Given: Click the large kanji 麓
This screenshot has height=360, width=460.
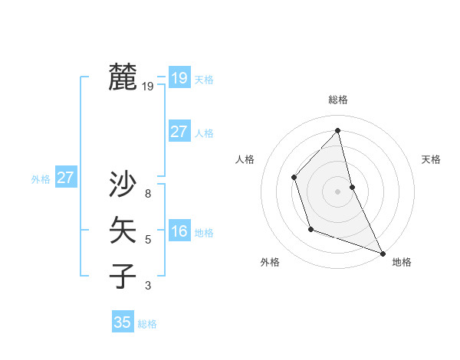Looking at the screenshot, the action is click(123, 77).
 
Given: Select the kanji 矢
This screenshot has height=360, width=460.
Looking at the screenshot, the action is click(123, 230).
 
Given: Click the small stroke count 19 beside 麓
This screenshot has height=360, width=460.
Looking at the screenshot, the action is click(148, 87).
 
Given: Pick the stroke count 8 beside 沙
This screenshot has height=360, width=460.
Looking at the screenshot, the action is click(148, 194).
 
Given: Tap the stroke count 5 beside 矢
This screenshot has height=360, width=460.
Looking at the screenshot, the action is click(148, 240).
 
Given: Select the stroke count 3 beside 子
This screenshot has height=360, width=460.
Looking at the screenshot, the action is click(148, 286).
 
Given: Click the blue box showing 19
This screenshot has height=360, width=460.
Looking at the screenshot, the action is click(179, 77).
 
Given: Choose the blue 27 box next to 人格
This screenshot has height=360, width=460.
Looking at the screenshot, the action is click(179, 132).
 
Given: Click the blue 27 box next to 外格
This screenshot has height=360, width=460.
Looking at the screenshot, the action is click(65, 178).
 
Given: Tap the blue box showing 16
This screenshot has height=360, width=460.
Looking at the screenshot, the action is click(179, 231).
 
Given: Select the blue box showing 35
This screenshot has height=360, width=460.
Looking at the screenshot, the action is click(123, 322).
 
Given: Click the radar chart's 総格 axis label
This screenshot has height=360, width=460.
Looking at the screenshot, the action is click(338, 100).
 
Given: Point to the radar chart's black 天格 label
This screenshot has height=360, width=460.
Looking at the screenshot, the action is click(431, 159).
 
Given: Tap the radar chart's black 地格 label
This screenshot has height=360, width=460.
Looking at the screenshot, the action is click(402, 262).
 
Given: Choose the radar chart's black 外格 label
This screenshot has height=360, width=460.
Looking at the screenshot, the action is click(270, 262).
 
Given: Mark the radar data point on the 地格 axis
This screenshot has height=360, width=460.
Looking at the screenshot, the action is click(383, 253).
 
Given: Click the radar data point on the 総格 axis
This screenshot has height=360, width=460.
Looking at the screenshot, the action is click(338, 130).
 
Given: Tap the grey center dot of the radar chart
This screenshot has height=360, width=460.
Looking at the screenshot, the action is click(338, 191).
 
